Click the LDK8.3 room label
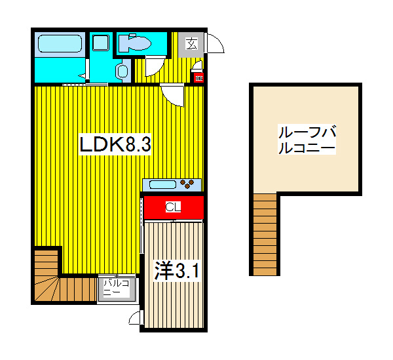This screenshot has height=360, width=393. pyautogui.click(x=115, y=144)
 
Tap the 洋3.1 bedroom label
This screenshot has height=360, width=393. pyautogui.click(x=175, y=270)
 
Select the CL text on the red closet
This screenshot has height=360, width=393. pyautogui.click(x=173, y=207)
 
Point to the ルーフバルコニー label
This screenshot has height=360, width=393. pyautogui.click(x=306, y=140)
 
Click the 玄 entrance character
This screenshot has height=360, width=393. pyautogui.click(x=191, y=45)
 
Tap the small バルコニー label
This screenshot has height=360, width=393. pyautogui.click(x=117, y=288)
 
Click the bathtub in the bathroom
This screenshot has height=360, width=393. pyautogui.click(x=59, y=44)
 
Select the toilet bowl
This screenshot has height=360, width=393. pyautogui.click(x=138, y=44)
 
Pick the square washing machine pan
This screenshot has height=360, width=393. pyautogui.click(x=100, y=44)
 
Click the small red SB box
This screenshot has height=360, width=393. pyautogui.click(x=197, y=77)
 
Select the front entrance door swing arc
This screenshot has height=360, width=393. pyautogui.click(x=215, y=45)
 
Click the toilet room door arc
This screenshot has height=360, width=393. pyautogui.click(x=155, y=66)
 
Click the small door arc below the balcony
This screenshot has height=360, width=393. pyautogui.click(x=136, y=319)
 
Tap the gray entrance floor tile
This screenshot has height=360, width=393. pyautogui.click(x=191, y=45)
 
